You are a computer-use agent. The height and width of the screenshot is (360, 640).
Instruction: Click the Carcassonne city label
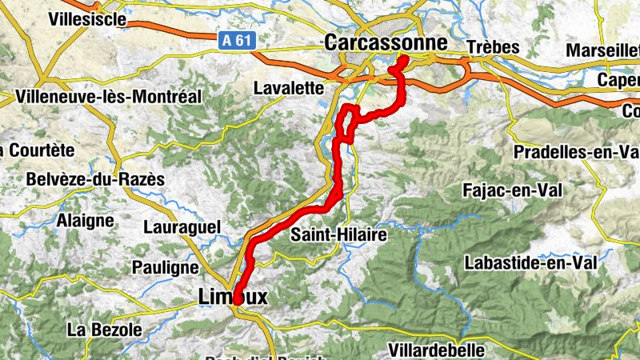point(386,42)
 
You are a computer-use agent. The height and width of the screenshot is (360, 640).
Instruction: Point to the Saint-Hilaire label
point(338,235)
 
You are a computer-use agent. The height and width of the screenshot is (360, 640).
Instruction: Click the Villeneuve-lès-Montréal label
point(108,97)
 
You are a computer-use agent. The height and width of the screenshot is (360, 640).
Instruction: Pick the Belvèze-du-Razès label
point(95,180)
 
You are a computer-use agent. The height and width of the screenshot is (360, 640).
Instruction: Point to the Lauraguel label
point(182,227)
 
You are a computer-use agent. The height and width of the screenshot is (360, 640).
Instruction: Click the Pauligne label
point(166,267)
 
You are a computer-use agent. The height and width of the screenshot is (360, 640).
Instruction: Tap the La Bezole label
point(105,329)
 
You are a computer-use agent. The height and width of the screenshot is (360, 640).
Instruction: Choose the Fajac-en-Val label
point(513,190)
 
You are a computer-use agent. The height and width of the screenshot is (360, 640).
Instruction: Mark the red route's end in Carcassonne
point(403,60)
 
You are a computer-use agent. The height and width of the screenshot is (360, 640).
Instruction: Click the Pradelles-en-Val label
point(575,151)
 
